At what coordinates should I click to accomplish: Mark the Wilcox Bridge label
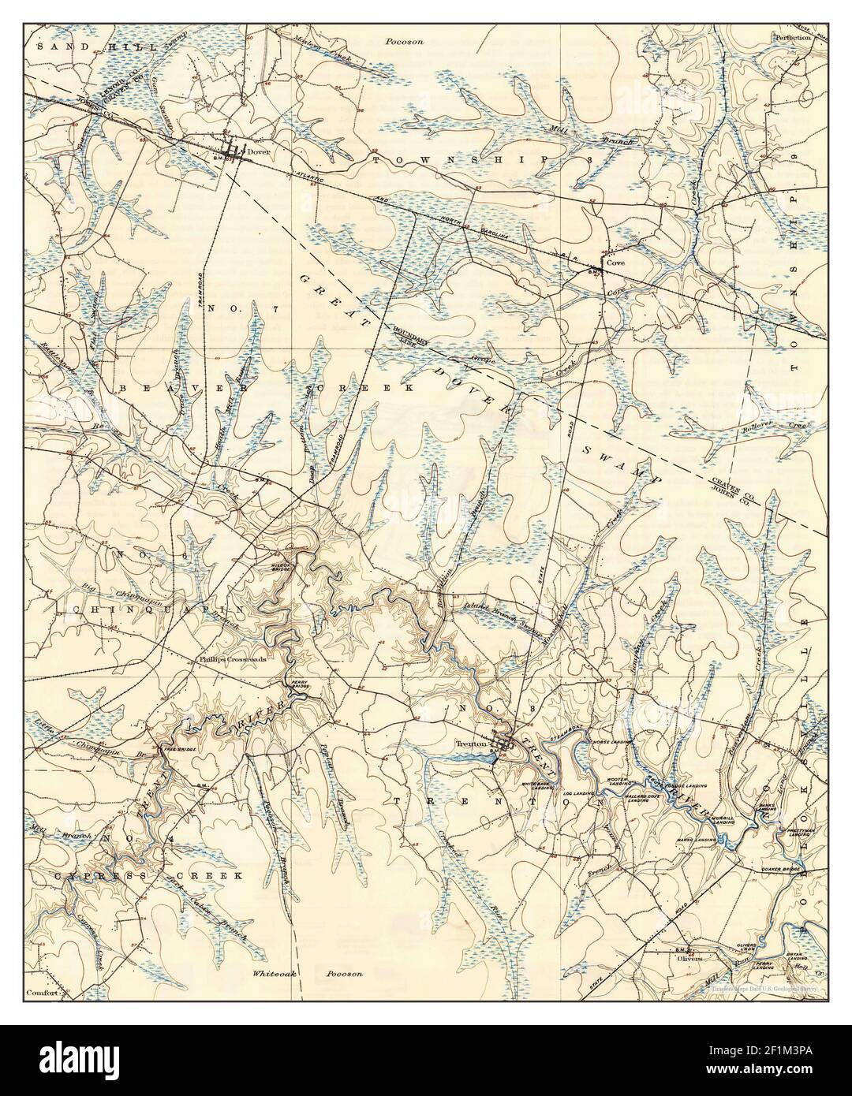pos(284,566)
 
